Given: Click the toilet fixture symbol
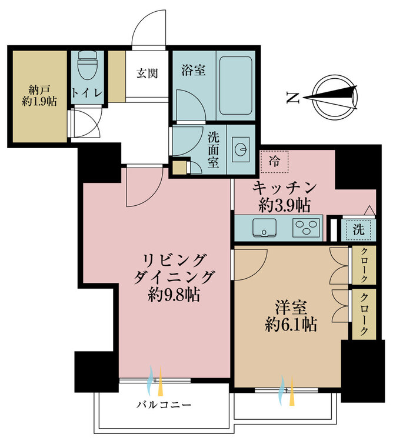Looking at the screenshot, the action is [x=87, y=65].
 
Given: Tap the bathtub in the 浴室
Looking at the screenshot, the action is [x=235, y=85].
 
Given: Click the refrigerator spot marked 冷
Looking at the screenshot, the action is [x=275, y=162].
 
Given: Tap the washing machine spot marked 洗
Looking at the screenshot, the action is [x=358, y=230].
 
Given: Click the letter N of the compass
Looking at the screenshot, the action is [x=292, y=98].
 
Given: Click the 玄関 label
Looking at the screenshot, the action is [x=147, y=73].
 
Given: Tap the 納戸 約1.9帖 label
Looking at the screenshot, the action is [x=39, y=96].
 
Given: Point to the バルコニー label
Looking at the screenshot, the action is [x=164, y=405].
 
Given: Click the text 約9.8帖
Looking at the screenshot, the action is [x=174, y=295].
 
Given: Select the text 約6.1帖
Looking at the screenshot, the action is [x=291, y=325].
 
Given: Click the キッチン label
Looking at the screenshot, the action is [x=284, y=188].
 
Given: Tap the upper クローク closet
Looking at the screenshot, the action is [x=364, y=265].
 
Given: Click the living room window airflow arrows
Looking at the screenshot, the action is [x=155, y=381].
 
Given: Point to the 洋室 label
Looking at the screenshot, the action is [x=291, y=308].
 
